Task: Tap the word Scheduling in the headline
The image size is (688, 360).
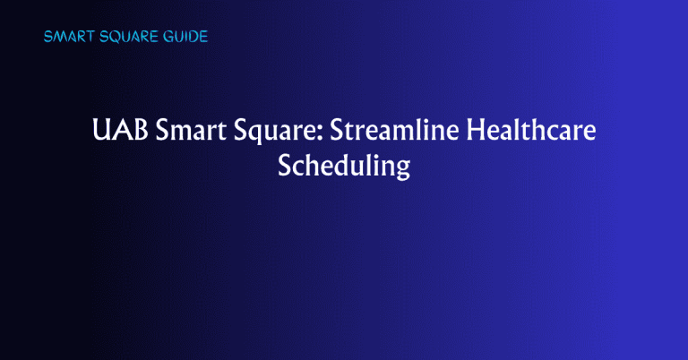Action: pos(344,167)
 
